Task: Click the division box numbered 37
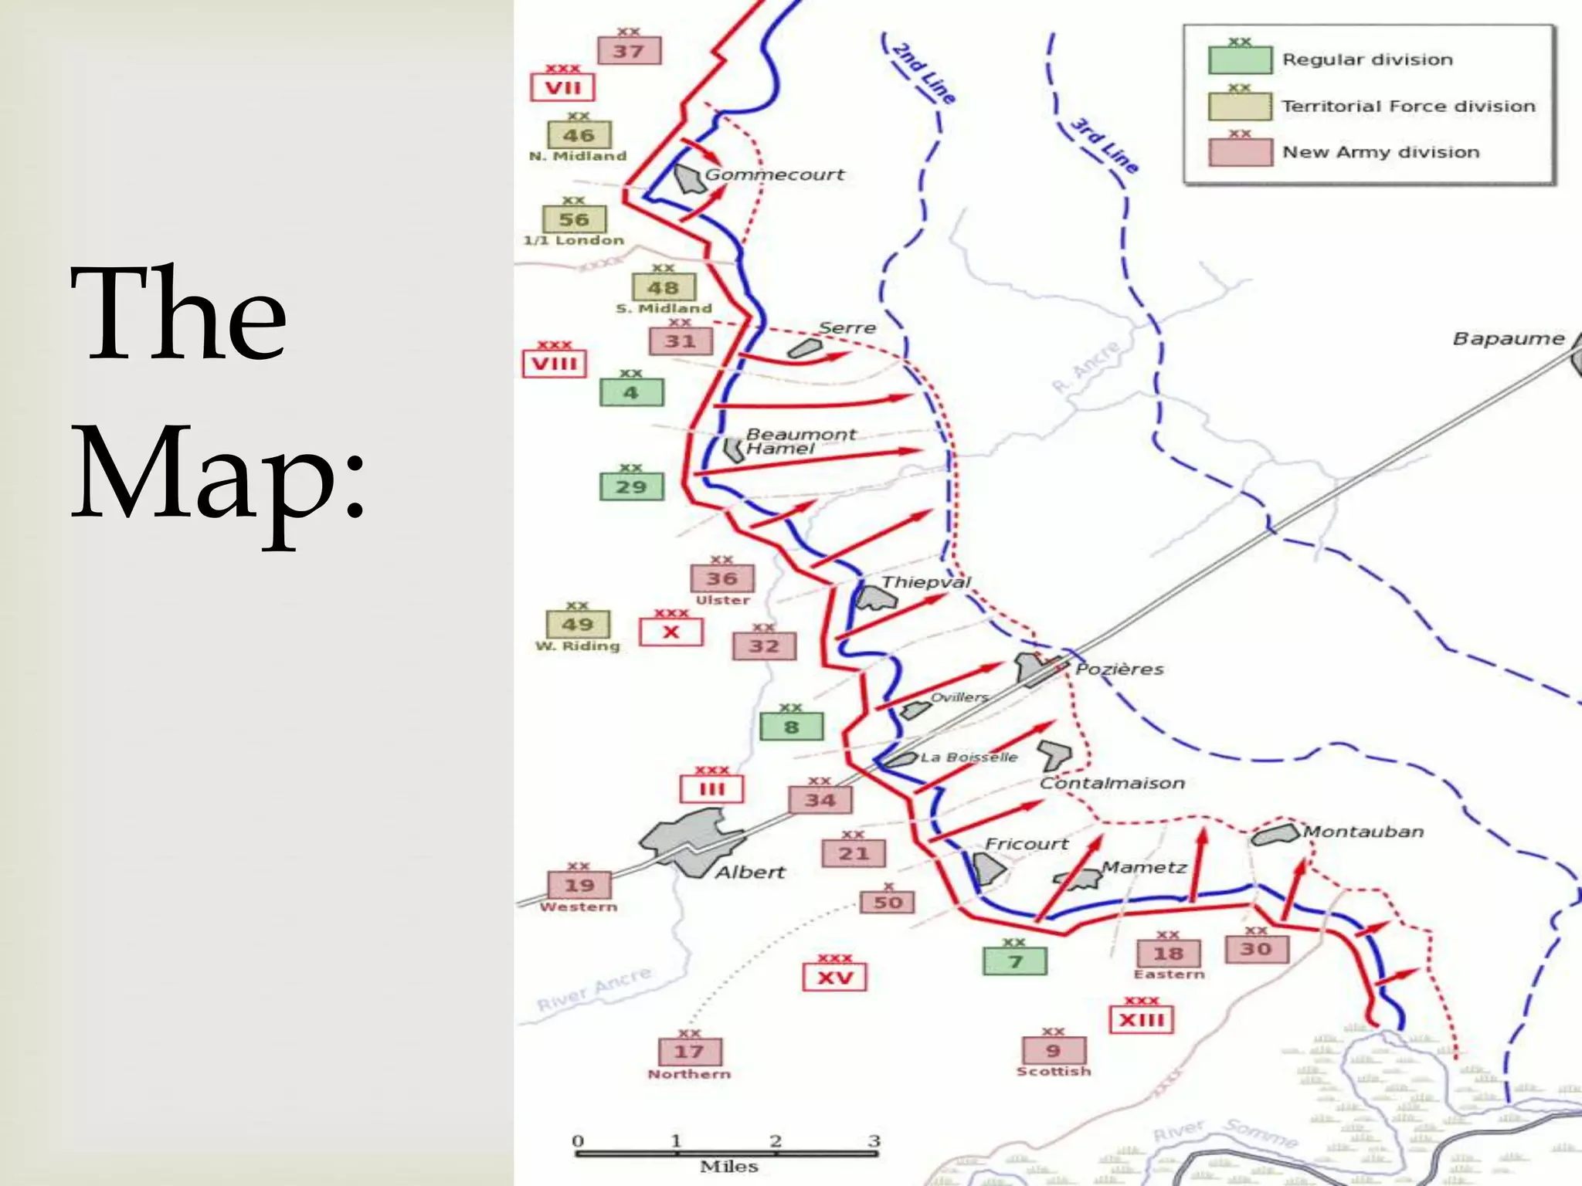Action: point(629,52)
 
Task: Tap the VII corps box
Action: point(562,87)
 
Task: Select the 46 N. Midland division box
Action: point(579,136)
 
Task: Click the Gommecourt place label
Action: point(774,175)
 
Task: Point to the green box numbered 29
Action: point(631,487)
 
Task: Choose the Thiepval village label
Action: point(926,582)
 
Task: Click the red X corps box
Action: point(670,632)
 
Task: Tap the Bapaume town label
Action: point(1508,339)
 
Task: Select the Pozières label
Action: point(1119,669)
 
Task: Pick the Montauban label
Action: point(1363,832)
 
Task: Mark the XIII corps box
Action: point(1141,1020)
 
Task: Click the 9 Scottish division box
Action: point(1053,1051)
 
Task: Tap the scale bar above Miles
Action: point(726,1154)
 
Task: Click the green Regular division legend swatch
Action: point(1240,60)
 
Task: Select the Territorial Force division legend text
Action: point(1408,107)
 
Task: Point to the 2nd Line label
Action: point(924,73)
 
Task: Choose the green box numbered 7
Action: point(1015,961)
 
